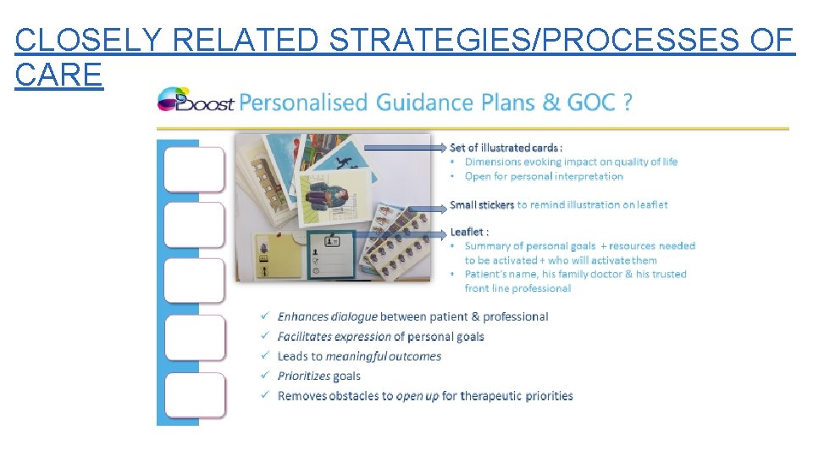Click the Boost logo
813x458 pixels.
pos(195,101)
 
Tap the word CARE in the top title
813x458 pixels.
pos(58,75)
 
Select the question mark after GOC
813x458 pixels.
pos(627,103)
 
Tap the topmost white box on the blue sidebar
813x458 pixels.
pos(194,170)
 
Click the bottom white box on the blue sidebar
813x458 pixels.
pos(194,395)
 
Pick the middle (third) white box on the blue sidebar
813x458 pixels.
pos(194,282)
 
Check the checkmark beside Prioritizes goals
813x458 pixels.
pos(265,376)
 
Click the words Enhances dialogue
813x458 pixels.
pos(327,316)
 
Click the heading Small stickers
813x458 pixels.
pos(482,204)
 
